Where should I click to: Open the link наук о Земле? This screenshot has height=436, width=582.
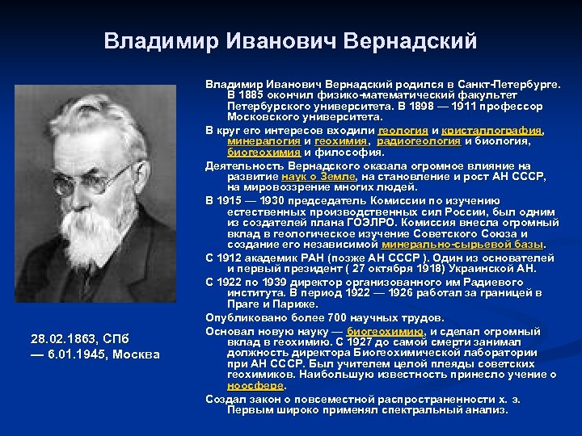click(x=318, y=175)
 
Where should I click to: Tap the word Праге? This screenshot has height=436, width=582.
click(x=248, y=304)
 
